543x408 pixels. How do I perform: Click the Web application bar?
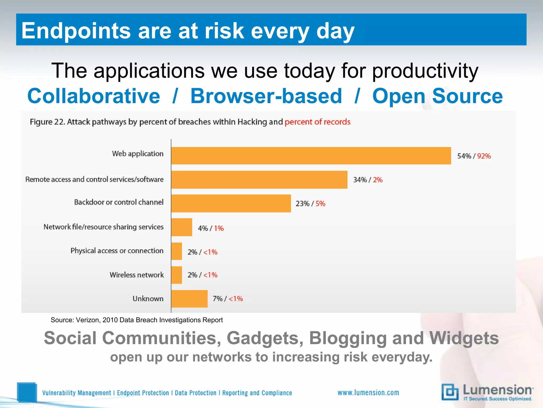(x=311, y=156)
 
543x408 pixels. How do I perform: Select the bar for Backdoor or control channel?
(x=231, y=203)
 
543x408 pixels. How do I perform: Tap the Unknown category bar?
(x=189, y=299)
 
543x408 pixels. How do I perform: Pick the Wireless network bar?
(x=177, y=275)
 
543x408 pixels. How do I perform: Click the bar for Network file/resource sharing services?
(x=182, y=227)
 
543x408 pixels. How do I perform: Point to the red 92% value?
(x=484, y=156)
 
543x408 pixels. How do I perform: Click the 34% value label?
(x=360, y=180)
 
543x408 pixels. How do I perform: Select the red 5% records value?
(x=320, y=204)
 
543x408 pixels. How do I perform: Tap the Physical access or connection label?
(x=117, y=251)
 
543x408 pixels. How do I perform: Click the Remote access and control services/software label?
(x=94, y=180)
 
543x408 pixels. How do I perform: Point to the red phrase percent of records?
(x=317, y=122)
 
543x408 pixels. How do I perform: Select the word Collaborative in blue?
(x=94, y=96)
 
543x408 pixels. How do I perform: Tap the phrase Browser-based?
(x=266, y=96)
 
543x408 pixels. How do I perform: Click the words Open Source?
(x=437, y=96)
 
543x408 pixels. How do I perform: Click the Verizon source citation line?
(x=137, y=320)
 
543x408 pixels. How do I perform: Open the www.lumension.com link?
(x=368, y=393)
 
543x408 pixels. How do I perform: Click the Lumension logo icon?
(x=450, y=392)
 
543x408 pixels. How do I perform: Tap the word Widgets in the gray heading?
(x=464, y=338)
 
